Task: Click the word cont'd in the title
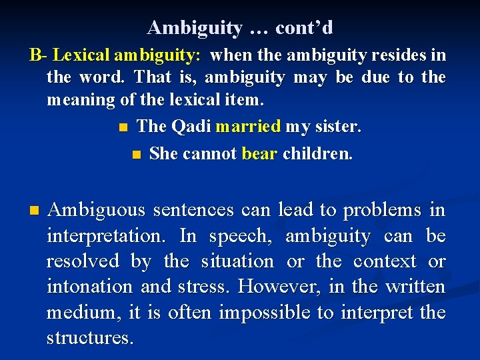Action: point(304,28)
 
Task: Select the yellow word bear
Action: point(259,153)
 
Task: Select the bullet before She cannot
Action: point(137,154)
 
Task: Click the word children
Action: point(317,153)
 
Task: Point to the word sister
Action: point(336,127)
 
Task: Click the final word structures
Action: point(89,337)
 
